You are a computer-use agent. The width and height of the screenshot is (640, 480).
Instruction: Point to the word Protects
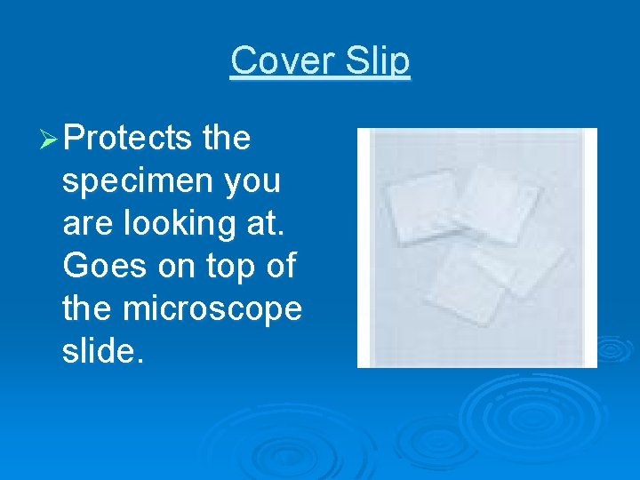point(128,139)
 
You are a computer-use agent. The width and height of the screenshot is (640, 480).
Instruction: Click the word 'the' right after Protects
point(227,139)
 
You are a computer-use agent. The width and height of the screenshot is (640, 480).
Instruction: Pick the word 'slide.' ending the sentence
point(101,352)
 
